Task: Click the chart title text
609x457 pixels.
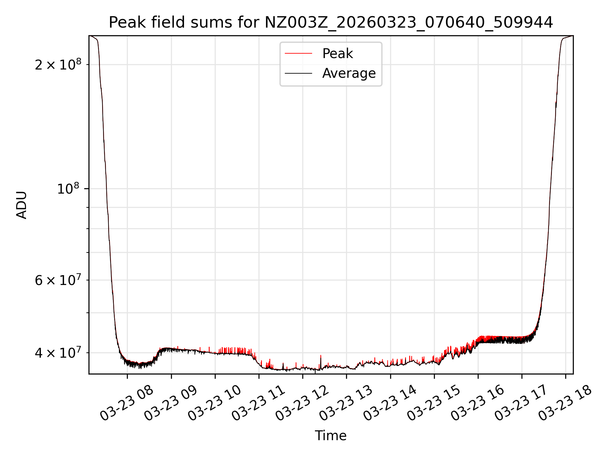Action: click(331, 23)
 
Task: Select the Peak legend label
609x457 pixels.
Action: click(337, 54)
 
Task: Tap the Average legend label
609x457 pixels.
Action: click(349, 73)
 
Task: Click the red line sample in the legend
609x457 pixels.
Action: click(298, 54)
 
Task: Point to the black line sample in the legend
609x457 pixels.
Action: click(298, 73)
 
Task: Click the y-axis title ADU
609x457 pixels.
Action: click(22, 205)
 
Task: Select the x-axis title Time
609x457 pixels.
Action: click(331, 436)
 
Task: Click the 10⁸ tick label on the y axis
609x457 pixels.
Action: click(68, 189)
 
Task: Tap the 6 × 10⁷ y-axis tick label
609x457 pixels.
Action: click(58, 280)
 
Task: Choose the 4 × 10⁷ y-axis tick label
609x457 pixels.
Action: click(58, 353)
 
